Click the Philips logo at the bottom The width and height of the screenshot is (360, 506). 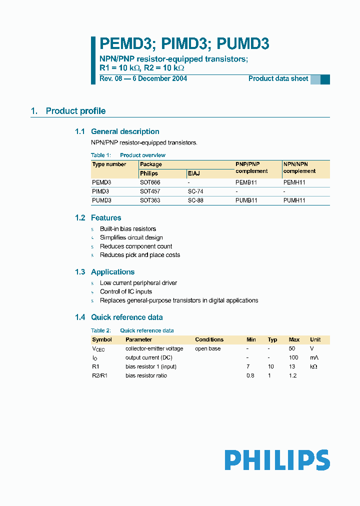pyautogui.click(x=277, y=460)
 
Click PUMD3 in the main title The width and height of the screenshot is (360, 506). pyautogui.click(x=243, y=44)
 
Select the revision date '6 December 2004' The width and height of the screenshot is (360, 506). pyautogui.click(x=159, y=78)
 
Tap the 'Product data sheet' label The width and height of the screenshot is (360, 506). pyautogui.click(x=278, y=78)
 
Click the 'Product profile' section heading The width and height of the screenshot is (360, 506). pyautogui.click(x=75, y=111)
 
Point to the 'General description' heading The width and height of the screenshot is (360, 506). pyautogui.click(x=125, y=131)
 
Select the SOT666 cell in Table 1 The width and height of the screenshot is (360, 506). pyautogui.click(x=150, y=182)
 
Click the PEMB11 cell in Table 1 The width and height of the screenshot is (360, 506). pyautogui.click(x=246, y=182)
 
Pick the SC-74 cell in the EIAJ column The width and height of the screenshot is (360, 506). pyautogui.click(x=195, y=191)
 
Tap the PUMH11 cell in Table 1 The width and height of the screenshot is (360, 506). pyautogui.click(x=294, y=200)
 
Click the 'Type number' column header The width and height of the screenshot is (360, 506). pyautogui.click(x=109, y=164)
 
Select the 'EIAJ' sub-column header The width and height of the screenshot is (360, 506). pyautogui.click(x=193, y=173)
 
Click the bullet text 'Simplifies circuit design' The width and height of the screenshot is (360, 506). pyautogui.click(x=131, y=237)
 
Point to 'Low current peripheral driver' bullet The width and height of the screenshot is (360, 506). pyautogui.click(x=138, y=283)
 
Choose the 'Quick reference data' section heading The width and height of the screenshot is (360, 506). pyautogui.click(x=126, y=317)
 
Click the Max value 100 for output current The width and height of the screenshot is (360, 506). pyautogui.click(x=293, y=357)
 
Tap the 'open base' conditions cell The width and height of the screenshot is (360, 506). pyautogui.click(x=207, y=348)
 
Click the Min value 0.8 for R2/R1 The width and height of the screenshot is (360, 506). pyautogui.click(x=250, y=375)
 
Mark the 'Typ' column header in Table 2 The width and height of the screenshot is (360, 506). pyautogui.click(x=272, y=339)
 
